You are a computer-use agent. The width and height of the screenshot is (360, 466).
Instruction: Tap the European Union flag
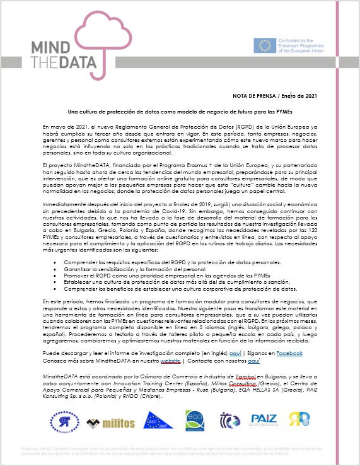point(264,45)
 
